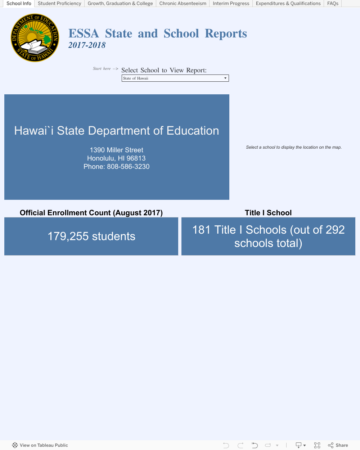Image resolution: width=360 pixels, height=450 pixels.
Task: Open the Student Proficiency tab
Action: click(59, 4)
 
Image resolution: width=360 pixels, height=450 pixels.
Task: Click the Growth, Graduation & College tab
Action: click(120, 4)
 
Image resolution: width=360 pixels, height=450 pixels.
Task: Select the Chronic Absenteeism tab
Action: click(183, 4)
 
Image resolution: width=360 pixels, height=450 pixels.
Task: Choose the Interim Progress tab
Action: click(231, 4)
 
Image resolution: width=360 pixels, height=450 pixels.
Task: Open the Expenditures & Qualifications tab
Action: click(288, 4)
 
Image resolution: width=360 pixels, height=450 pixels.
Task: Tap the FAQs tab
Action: click(333, 4)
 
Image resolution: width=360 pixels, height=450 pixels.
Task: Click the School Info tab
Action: click(19, 4)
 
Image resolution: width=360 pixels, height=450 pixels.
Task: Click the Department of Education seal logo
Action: click(35, 38)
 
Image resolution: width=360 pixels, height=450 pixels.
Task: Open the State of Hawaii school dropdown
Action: click(175, 78)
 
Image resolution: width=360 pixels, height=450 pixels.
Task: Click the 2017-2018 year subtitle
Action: click(87, 45)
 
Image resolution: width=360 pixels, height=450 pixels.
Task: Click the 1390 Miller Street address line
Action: click(116, 150)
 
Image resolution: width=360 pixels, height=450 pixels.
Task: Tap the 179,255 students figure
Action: click(91, 237)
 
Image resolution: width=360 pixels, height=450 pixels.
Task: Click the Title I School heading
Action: click(268, 213)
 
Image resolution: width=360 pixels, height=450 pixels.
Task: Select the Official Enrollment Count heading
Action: click(91, 213)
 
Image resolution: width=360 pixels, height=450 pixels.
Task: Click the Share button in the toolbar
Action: click(338, 445)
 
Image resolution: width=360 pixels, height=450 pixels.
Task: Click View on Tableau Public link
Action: click(40, 445)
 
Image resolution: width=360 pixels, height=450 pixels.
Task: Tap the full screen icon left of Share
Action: click(317, 445)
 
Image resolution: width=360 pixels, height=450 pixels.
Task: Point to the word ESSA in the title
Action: click(84, 33)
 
